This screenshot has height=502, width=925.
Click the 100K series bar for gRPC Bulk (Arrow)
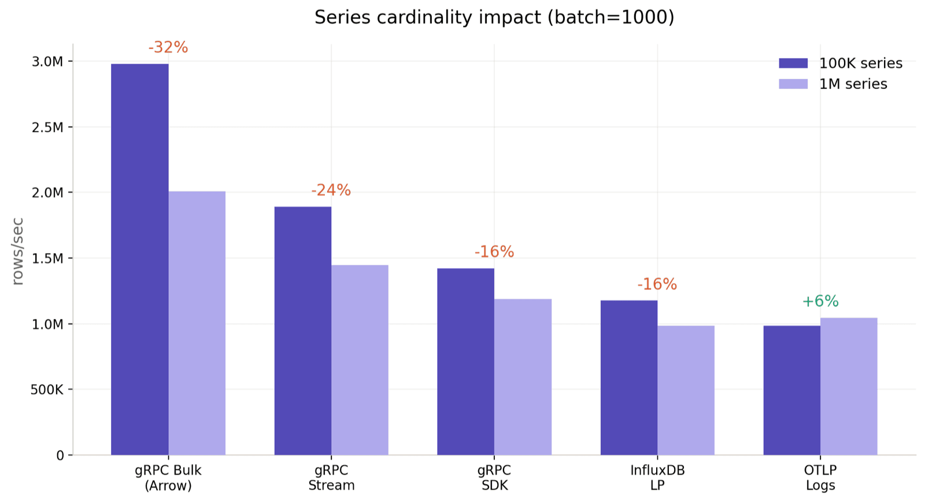pos(139,260)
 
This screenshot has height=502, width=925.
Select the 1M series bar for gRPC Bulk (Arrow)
pos(197,323)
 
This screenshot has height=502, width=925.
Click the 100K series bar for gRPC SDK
pos(465,362)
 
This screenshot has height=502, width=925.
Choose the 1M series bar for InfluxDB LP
pos(686,391)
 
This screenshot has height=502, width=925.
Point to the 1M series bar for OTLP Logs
pos(849,386)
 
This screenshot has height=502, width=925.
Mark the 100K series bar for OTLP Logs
pos(791,391)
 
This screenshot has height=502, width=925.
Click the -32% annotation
pos(168,47)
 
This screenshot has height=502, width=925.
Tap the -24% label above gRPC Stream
pos(331,190)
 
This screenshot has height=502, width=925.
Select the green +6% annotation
pos(820,301)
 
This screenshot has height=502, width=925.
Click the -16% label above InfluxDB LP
pos(657,284)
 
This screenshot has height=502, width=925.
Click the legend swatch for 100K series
pos(793,64)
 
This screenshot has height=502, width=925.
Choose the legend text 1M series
pos(853,84)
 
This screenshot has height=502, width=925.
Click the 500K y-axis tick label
pos(47,390)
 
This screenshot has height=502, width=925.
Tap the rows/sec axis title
pos(18,251)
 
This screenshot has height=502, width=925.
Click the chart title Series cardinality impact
pos(494,17)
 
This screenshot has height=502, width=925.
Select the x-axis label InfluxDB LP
pos(657,478)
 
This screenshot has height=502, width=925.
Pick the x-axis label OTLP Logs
pos(820,478)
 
